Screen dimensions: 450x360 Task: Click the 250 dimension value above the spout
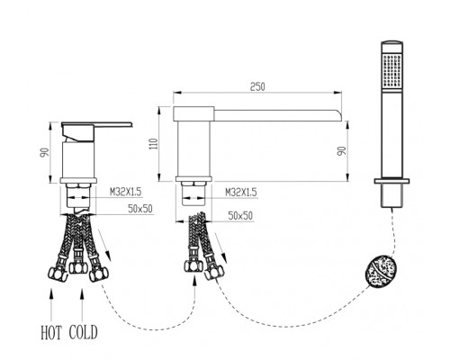257,86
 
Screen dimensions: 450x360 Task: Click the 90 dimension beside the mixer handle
44,152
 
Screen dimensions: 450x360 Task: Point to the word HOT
51,332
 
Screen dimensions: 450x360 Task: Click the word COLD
84,332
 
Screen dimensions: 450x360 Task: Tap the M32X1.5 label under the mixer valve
125,192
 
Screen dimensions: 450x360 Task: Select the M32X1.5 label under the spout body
241,193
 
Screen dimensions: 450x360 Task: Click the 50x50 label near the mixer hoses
140,209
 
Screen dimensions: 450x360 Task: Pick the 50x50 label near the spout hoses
240,216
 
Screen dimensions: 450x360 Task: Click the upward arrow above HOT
51,304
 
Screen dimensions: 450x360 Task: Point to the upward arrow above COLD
82,304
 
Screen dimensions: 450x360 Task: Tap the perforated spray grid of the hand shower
392,69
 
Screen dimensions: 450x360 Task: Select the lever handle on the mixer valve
96,125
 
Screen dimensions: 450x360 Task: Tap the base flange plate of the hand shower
391,181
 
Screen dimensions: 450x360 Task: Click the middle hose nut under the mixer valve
77,267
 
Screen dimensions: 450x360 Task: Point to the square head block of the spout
193,113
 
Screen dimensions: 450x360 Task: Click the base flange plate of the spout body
193,179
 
